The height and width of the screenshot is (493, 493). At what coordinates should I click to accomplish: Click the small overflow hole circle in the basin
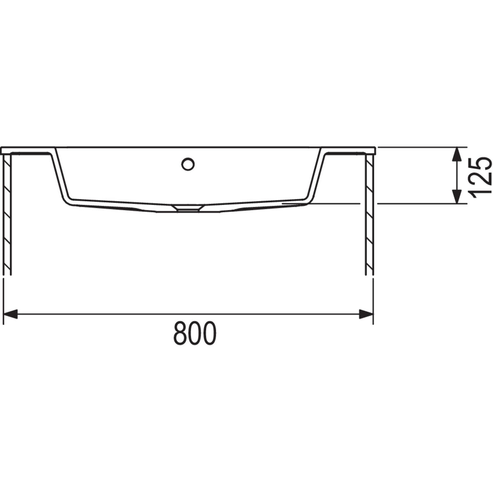(x=188, y=164)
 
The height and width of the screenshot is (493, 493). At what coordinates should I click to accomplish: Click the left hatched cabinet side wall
(x=7, y=214)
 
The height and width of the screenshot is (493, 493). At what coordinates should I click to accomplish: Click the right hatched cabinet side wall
(x=369, y=214)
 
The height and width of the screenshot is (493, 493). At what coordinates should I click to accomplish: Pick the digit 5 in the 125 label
(x=480, y=163)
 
